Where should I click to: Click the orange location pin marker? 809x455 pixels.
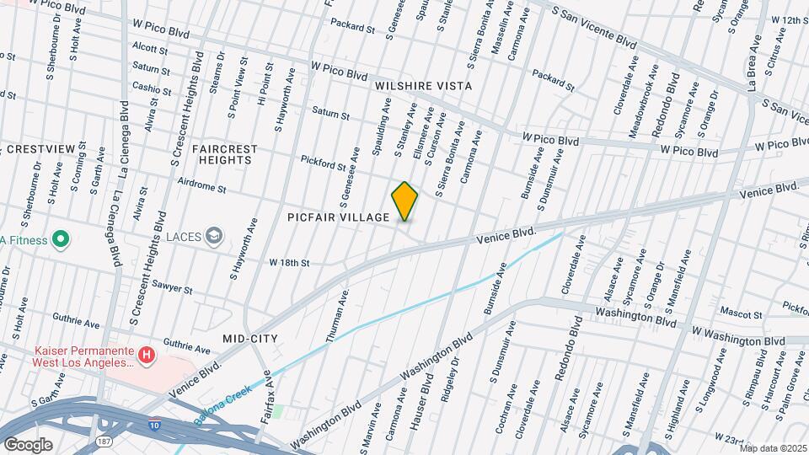tap(404, 201)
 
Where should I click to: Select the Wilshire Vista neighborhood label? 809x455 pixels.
tap(423, 86)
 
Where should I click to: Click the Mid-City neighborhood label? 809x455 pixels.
tap(249, 338)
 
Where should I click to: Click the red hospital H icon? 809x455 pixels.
tap(147, 356)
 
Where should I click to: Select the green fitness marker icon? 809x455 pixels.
tap(60, 240)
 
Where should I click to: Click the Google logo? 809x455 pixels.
tap(28, 445)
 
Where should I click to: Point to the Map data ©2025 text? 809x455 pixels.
tap(773, 448)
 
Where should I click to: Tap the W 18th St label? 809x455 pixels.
tap(289, 263)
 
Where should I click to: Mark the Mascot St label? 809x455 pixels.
tap(746, 313)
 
